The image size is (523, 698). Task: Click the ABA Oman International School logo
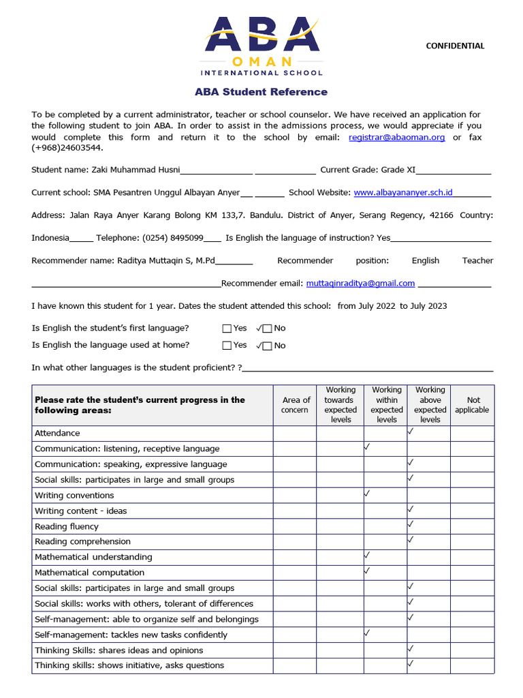click(262, 46)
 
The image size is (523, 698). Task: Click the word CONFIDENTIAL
click(455, 46)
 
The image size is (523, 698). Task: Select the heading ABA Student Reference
click(261, 92)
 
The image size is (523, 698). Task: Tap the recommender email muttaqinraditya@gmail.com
click(360, 283)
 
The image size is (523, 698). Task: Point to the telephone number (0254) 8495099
click(172, 238)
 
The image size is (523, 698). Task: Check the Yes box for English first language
click(227, 329)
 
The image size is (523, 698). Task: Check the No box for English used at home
click(267, 346)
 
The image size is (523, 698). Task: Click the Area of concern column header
click(295, 405)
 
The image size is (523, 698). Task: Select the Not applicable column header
click(473, 405)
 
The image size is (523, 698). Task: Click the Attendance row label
click(57, 433)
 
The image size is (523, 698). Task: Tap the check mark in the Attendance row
click(411, 431)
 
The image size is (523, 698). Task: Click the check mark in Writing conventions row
click(367, 493)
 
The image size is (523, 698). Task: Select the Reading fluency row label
click(67, 526)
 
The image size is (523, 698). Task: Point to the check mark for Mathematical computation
click(367, 571)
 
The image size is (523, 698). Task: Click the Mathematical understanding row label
click(93, 557)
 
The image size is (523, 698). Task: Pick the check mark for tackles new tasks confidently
click(367, 633)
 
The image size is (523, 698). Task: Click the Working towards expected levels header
click(340, 405)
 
